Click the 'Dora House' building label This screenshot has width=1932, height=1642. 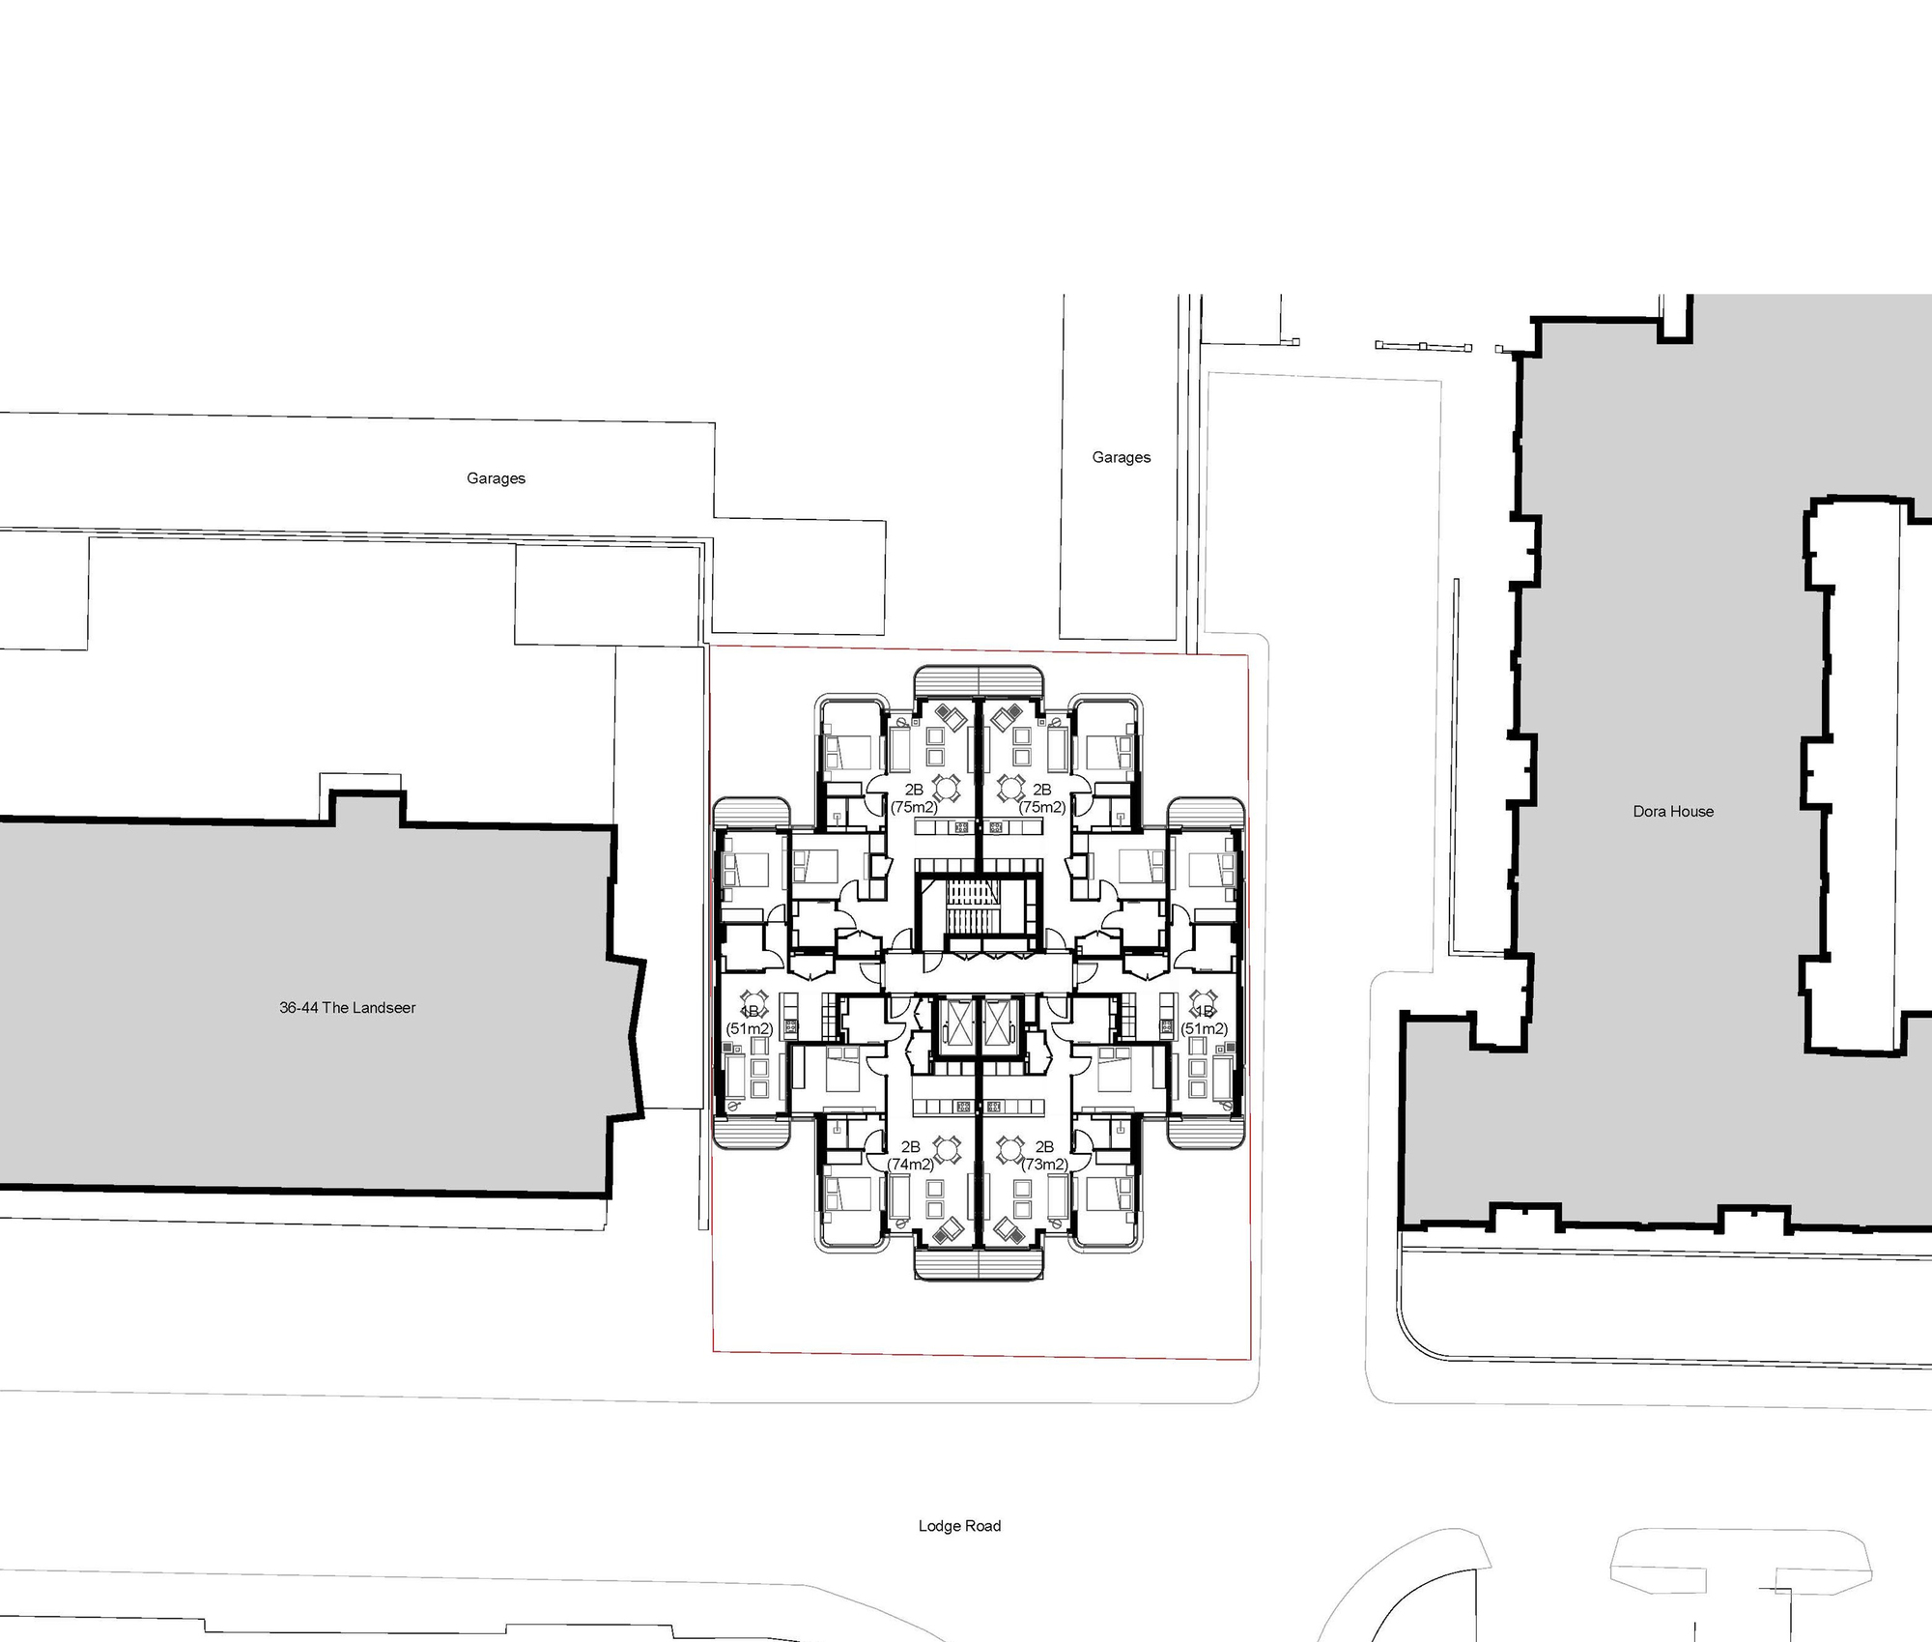[x=1673, y=812]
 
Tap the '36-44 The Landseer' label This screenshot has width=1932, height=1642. [x=348, y=1007]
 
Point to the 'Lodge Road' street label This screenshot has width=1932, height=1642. [x=959, y=1526]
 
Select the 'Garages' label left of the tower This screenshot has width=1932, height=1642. [x=496, y=478]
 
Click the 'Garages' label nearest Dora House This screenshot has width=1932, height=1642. [x=1121, y=457]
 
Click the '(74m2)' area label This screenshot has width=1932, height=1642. [x=911, y=1165]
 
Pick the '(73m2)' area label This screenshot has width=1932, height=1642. [x=1045, y=1165]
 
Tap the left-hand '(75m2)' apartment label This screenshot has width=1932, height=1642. [x=914, y=807]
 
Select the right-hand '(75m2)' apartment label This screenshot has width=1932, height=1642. [x=1042, y=807]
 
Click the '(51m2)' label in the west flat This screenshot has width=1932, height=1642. [x=750, y=1028]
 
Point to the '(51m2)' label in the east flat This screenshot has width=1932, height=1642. [x=1205, y=1028]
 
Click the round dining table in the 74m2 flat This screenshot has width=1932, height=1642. [x=949, y=1149]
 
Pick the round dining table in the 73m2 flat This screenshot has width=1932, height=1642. [x=1010, y=1149]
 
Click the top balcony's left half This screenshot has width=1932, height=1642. [x=946, y=681]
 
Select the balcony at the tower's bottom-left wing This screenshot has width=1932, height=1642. [x=751, y=1133]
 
